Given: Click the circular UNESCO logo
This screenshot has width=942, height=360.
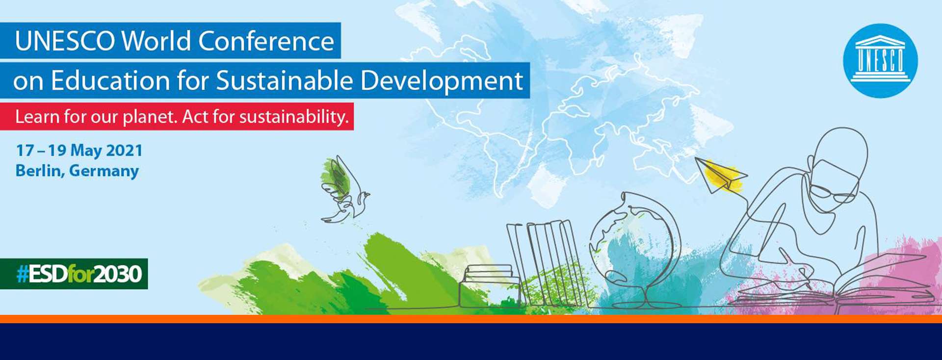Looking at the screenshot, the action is [x=880, y=61].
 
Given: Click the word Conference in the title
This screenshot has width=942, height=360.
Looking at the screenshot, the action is [x=266, y=41].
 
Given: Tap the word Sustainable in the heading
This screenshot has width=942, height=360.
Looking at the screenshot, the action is [x=284, y=80].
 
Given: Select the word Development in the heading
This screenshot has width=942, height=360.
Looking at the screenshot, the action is [x=442, y=81].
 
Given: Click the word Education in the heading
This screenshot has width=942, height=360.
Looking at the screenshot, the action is [x=110, y=80].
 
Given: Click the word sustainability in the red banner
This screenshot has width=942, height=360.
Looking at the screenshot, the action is [x=294, y=117].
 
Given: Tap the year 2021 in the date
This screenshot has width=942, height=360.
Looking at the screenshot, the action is [x=124, y=150].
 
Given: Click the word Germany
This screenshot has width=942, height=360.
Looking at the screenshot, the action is [x=104, y=171].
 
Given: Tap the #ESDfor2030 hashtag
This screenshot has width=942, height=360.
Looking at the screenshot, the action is [x=79, y=274].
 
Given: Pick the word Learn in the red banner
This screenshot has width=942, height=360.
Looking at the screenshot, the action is [x=34, y=117].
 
